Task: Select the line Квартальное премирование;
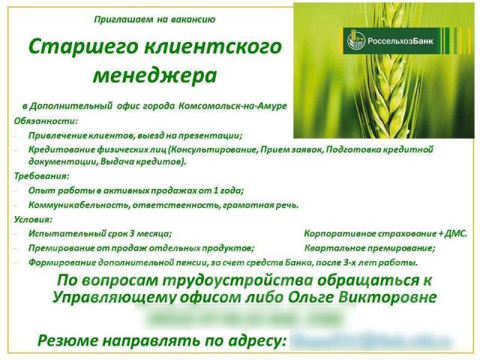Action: (x=370, y=247)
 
